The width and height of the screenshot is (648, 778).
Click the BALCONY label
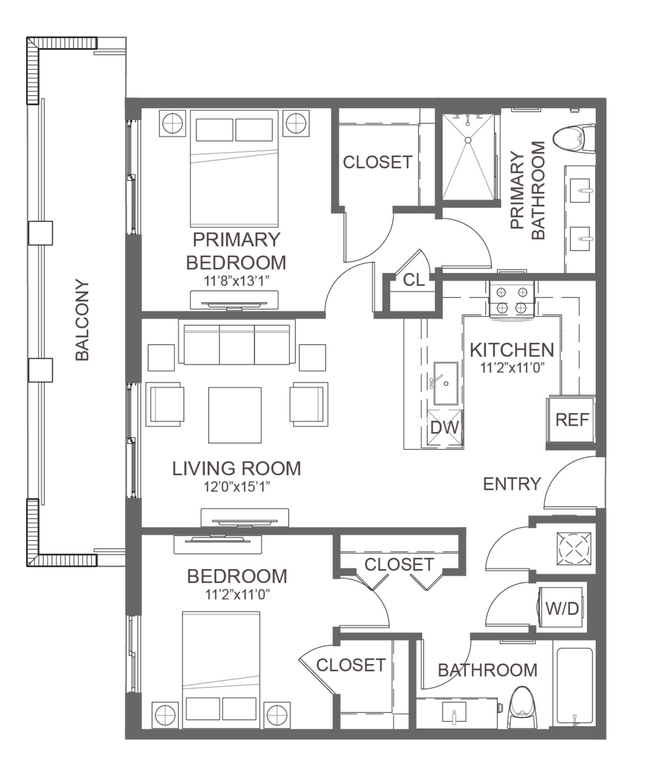click(x=82, y=320)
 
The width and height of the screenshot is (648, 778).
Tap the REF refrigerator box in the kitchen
click(x=571, y=420)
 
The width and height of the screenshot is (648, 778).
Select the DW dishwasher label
click(x=445, y=427)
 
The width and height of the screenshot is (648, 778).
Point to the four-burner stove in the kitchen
click(x=512, y=300)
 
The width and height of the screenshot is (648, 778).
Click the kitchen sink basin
click(x=445, y=383)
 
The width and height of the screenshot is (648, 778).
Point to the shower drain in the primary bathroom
click(x=468, y=140)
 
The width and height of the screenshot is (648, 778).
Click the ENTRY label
click(x=512, y=484)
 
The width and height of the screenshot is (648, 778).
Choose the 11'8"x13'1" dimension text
click(x=236, y=281)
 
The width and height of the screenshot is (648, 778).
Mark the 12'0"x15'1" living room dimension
click(x=236, y=487)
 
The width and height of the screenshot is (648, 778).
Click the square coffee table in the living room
click(x=235, y=415)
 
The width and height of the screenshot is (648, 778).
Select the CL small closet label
click(x=413, y=280)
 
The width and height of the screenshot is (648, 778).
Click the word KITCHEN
click(x=512, y=350)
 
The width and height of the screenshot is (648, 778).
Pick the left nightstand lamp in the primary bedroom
click(x=172, y=123)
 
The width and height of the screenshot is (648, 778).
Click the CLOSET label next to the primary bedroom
click(x=377, y=162)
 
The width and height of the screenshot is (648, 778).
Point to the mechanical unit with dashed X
click(x=574, y=548)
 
